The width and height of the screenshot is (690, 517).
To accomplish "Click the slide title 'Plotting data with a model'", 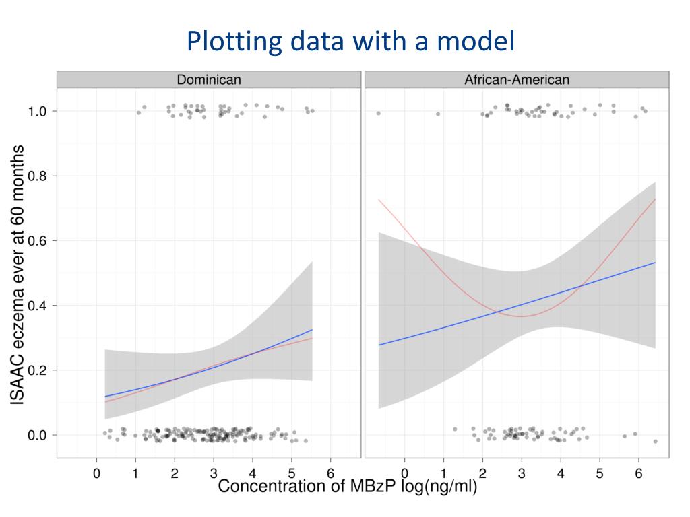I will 350,41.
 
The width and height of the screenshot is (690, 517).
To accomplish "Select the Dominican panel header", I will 208,79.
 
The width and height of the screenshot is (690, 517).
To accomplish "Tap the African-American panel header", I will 516,79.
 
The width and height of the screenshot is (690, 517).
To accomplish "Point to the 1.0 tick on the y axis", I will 37,111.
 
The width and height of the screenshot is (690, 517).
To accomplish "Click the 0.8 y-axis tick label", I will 37,176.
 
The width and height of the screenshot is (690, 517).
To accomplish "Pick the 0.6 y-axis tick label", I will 37,240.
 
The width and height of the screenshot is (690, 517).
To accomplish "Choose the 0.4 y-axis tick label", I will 37,306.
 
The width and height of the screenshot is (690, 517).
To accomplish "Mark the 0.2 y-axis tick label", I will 37,370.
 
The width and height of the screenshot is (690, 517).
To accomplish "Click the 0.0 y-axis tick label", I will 37,436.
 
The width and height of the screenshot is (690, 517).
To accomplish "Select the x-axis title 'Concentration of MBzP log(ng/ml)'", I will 347,487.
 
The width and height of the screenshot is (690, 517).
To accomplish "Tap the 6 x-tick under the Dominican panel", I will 330,473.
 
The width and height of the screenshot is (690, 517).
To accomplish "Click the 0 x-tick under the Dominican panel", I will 96,473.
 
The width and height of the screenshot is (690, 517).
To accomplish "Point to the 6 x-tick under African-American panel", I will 639,473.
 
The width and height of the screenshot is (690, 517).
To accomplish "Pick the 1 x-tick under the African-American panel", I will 443,473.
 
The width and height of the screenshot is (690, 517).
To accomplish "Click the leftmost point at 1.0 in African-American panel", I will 378,113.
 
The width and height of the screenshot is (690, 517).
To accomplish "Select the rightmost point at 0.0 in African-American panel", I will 655,441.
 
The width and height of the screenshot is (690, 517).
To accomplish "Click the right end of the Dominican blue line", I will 313,330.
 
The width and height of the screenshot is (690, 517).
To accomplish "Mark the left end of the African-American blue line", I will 379,345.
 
